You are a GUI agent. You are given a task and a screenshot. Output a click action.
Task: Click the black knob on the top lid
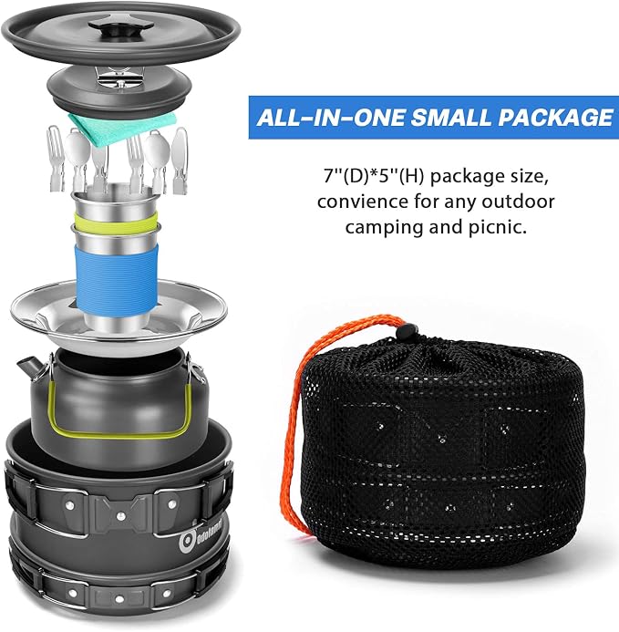(121, 29)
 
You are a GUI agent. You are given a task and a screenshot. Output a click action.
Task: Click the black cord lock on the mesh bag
(406, 331)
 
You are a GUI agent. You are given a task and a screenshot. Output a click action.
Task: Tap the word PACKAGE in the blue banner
(555, 118)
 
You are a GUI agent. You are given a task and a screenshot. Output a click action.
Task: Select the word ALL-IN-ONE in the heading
(331, 118)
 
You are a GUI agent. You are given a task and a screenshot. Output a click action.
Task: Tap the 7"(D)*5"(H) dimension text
(375, 176)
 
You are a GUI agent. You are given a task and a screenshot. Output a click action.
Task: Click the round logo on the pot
(187, 542)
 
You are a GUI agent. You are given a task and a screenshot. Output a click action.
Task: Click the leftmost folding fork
(55, 158)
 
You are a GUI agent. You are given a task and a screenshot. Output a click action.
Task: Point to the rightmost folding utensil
(180, 161)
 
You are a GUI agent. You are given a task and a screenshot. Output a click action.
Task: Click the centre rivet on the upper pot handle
(120, 514)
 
